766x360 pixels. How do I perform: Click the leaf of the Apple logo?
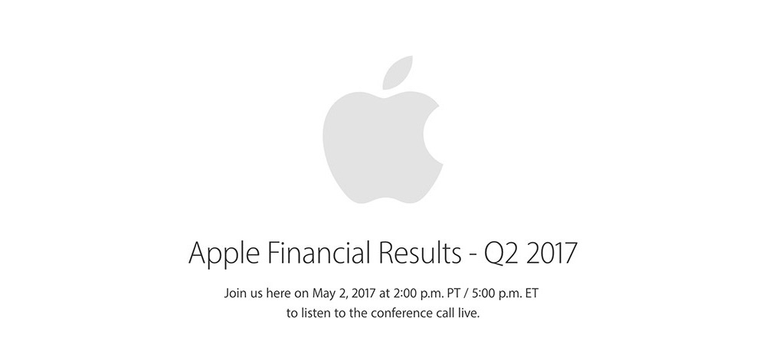tap(397, 74)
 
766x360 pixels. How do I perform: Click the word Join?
tap(234, 294)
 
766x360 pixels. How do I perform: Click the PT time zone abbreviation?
tap(453, 294)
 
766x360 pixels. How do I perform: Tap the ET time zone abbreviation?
tap(532, 294)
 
